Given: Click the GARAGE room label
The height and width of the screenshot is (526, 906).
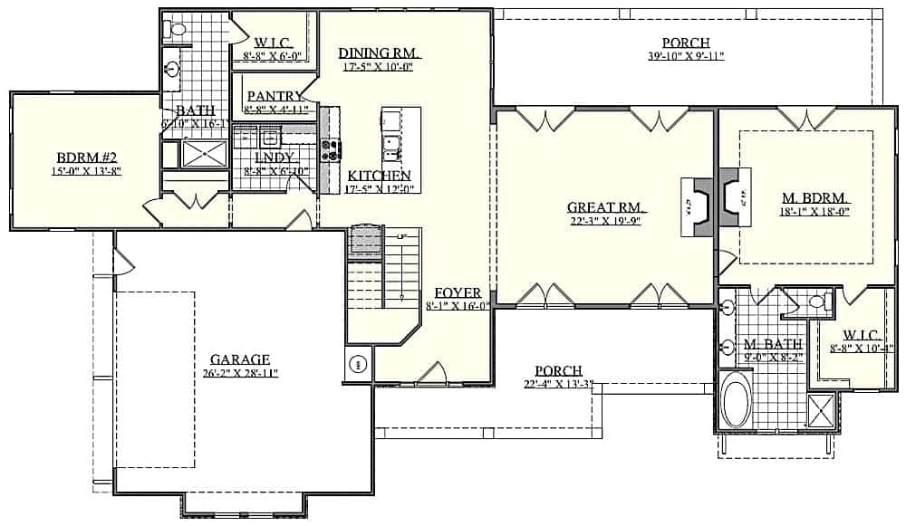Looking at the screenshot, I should (240, 359).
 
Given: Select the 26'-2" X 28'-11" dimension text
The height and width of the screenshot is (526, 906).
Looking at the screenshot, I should (240, 372).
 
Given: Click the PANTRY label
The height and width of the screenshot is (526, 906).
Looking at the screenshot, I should (275, 96).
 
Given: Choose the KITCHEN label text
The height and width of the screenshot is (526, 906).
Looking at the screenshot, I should (380, 175).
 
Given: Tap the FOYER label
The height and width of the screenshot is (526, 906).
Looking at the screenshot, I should (458, 292).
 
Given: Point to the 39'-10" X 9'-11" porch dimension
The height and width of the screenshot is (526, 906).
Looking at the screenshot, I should (685, 56).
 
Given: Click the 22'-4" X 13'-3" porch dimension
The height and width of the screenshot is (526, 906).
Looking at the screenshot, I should (558, 384).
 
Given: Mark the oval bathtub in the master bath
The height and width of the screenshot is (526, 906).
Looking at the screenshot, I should (736, 400).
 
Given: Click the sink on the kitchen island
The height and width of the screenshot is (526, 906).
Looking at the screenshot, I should (392, 143).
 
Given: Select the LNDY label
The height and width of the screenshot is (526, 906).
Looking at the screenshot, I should (274, 158).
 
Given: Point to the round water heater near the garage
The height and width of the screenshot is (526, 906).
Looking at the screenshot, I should (357, 365).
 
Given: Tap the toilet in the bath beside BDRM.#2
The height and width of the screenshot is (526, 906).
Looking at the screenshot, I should (175, 30).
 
